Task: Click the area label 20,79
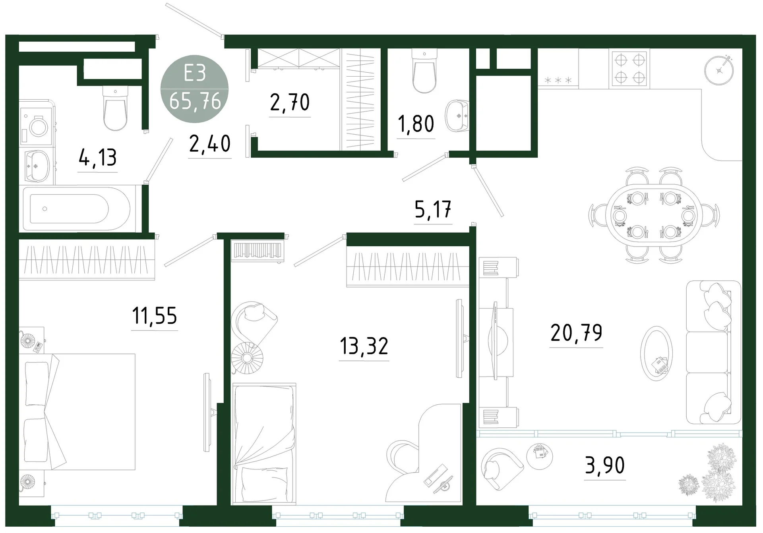click(576, 332)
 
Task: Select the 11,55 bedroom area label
click(155, 316)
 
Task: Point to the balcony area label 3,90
click(605, 465)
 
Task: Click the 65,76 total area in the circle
click(195, 101)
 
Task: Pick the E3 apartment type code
click(195, 73)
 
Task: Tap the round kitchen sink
click(719, 70)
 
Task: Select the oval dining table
click(654, 215)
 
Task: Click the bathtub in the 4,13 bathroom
click(77, 209)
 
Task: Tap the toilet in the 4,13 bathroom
click(115, 108)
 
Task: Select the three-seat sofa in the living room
click(713, 352)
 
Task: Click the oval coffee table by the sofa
click(656, 353)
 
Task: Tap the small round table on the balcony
click(540, 456)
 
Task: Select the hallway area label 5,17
click(433, 209)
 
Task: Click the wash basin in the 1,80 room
click(457, 116)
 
